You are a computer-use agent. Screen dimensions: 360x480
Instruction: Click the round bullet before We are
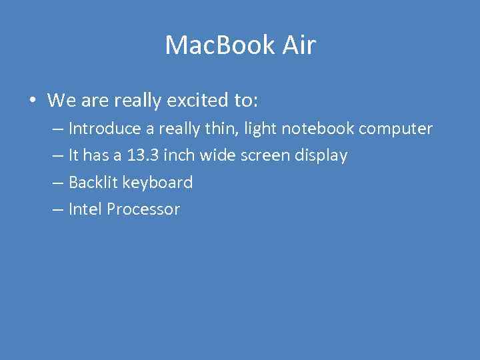coord(31,101)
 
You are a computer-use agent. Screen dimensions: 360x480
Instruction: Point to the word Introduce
coord(105,128)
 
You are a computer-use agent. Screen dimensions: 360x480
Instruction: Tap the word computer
coord(395,129)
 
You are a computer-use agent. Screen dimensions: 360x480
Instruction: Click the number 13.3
coord(142,155)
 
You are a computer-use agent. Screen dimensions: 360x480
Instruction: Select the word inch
coord(178,155)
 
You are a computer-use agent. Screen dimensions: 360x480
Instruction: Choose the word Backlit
coord(93,182)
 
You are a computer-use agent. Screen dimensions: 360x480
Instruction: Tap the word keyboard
coord(158,183)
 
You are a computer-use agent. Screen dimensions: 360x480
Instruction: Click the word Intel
coord(85,209)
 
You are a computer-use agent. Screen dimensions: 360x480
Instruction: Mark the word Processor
coord(143,209)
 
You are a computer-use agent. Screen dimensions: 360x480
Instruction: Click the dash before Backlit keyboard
coord(57,183)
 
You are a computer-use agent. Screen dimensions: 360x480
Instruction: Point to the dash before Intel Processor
coord(57,209)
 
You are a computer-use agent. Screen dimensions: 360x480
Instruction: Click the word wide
coord(213,155)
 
